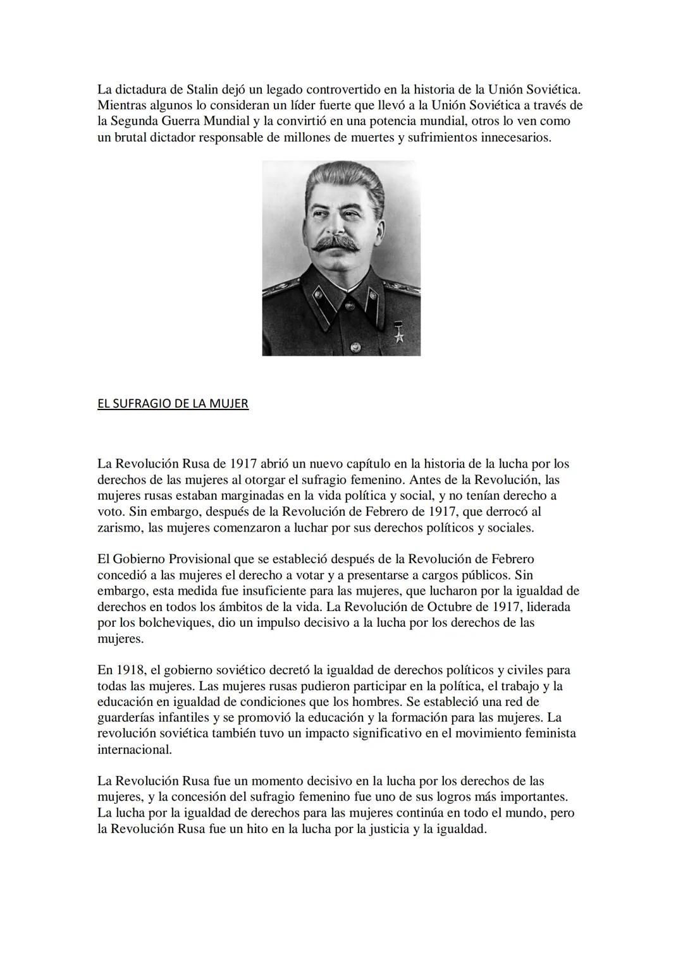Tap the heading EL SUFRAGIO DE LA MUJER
point(173,403)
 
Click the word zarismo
point(120,528)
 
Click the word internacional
point(134,750)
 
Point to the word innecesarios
point(515,137)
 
